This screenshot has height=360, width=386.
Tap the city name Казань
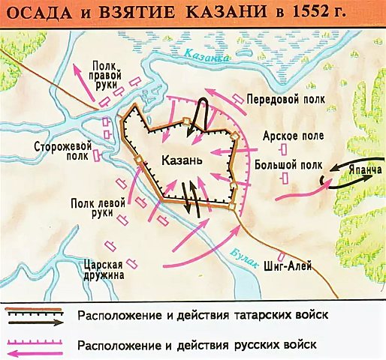pyautogui.click(x=180, y=160)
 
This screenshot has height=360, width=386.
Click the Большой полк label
pyautogui.click(x=288, y=163)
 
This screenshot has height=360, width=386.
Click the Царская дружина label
pyautogui.click(x=101, y=268)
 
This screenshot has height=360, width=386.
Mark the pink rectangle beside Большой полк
pyautogui.click(x=284, y=178)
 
